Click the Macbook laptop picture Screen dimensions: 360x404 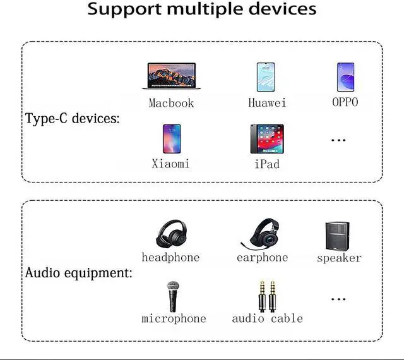(x=171, y=76)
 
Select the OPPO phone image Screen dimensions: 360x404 (x=345, y=76)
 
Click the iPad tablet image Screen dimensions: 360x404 (x=266, y=138)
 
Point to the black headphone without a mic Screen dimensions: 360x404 (x=170, y=233)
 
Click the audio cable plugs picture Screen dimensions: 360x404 (x=267, y=295)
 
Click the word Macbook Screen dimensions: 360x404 (x=171, y=102)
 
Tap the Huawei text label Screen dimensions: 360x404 (x=267, y=102)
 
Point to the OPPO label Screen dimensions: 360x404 (x=345, y=102)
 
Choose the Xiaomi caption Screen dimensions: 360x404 (x=170, y=164)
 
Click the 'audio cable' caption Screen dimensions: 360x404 (x=267, y=318)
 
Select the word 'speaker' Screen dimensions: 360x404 (x=339, y=258)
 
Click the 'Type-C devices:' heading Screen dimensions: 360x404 (x=72, y=118)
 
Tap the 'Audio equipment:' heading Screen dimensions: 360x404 (x=78, y=273)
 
